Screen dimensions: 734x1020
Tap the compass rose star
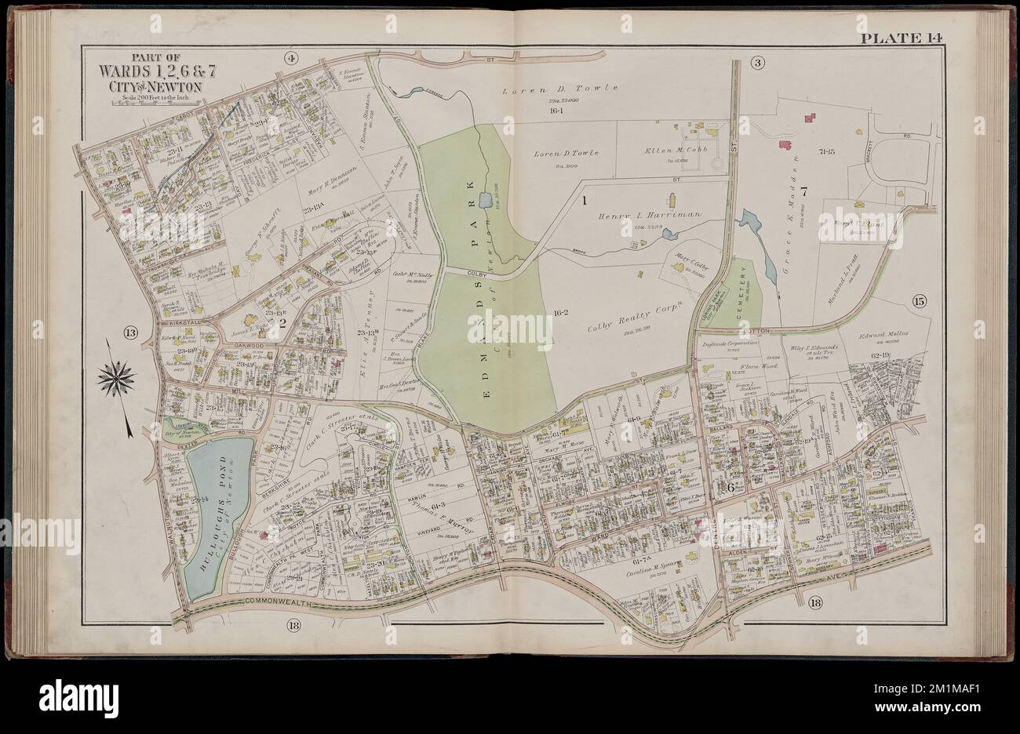pos(115,379)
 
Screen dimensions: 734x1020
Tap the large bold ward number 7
pos(803,188)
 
